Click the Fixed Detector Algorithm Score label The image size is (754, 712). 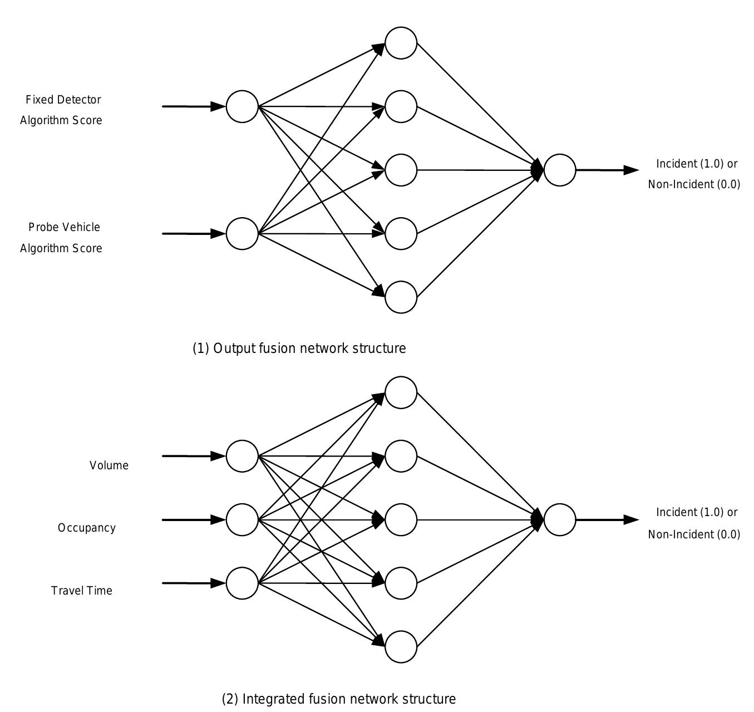click(61, 110)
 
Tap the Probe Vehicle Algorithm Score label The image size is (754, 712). click(61, 237)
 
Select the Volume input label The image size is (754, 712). click(109, 465)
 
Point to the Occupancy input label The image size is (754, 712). click(87, 528)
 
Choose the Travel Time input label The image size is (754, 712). click(82, 591)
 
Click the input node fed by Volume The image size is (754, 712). click(242, 456)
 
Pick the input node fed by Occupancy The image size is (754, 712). click(242, 519)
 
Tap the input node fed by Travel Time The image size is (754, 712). click(242, 583)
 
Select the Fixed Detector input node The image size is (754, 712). click(242, 106)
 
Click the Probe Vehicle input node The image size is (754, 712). click(242, 234)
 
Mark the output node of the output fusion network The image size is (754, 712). click(559, 170)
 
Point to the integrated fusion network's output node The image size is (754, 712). click(559, 519)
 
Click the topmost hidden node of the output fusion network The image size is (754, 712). click(401, 43)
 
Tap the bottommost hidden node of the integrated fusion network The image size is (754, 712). click(401, 647)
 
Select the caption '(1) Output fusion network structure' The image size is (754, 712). click(299, 348)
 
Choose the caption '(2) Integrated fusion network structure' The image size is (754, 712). click(338, 699)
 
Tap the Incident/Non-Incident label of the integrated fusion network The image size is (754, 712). click(694, 523)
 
